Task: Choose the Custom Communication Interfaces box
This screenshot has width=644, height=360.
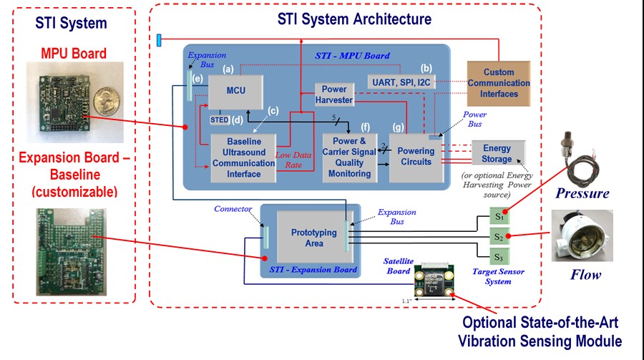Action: (x=499, y=82)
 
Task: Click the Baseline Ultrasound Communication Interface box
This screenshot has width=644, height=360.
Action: (x=243, y=155)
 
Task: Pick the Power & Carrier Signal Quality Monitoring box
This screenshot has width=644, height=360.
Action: (x=349, y=157)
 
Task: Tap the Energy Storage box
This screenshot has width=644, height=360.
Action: (x=497, y=153)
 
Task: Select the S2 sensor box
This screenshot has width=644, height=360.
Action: (x=496, y=235)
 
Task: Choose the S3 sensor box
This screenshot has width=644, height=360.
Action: (x=496, y=256)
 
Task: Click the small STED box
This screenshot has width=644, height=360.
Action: (x=219, y=120)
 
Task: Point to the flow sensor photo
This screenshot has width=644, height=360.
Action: (x=582, y=235)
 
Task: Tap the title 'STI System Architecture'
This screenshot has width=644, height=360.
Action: (x=354, y=19)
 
